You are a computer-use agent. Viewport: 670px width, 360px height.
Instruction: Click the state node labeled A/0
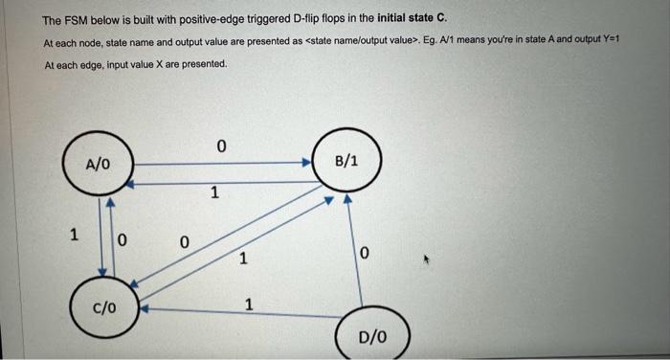(98, 164)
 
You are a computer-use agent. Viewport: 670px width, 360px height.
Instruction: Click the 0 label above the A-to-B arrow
(220, 146)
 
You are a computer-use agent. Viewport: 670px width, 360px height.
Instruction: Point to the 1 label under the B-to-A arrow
(215, 193)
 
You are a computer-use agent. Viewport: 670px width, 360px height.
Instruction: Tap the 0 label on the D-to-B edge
(365, 252)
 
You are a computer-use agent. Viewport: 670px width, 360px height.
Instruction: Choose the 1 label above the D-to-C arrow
(249, 305)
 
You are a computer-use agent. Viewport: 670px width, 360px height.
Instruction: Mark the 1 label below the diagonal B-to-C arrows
(243, 258)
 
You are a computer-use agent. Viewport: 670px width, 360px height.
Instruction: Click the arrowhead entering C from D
(145, 309)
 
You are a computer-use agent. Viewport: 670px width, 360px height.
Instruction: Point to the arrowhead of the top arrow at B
(307, 164)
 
